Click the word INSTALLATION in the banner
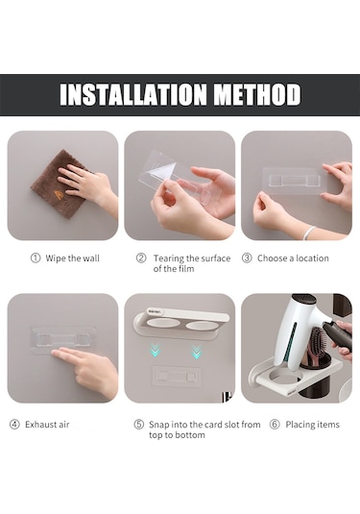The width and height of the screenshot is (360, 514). click(133, 94)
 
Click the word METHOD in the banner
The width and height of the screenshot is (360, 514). click(257, 94)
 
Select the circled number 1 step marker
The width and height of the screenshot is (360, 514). click(36, 258)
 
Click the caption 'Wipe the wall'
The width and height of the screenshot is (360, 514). click(72, 258)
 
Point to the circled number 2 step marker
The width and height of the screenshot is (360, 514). click(141, 258)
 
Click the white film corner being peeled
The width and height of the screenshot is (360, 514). click(162, 171)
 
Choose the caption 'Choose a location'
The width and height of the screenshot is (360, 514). click(293, 258)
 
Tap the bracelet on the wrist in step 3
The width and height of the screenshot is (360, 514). click(308, 233)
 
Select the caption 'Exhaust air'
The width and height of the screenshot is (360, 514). click(47, 425)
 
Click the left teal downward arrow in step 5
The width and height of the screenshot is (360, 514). click(156, 351)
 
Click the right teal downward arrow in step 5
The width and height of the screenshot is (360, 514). click(197, 352)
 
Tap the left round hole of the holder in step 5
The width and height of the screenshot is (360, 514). click(163, 324)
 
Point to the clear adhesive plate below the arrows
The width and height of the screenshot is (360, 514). click(177, 376)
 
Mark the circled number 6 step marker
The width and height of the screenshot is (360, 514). click(275, 425)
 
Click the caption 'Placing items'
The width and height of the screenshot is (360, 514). click(313, 425)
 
